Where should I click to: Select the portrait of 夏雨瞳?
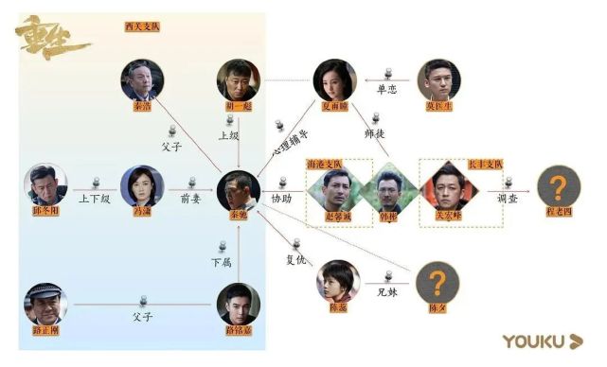coord(335,79)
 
